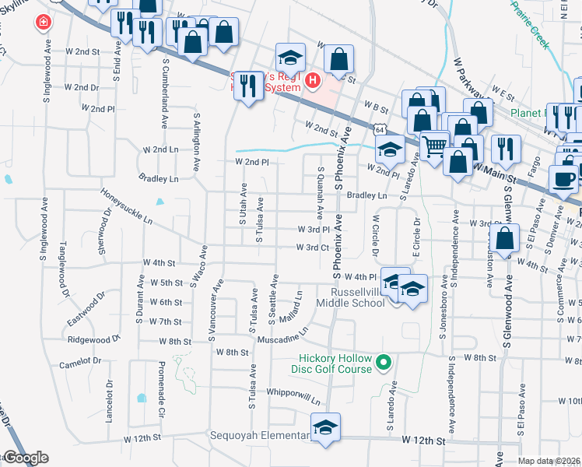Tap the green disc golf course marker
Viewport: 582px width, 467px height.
(x=383, y=362)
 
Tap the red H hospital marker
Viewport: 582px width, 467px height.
(x=312, y=79)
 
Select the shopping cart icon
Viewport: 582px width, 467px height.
(x=434, y=143)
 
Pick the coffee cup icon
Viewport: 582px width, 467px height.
(x=563, y=178)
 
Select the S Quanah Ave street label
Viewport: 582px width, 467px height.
(x=320, y=190)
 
